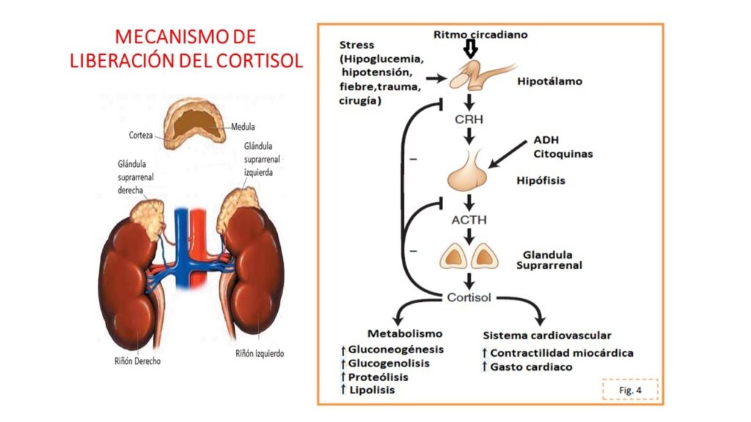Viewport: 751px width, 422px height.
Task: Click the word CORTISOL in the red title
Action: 260,61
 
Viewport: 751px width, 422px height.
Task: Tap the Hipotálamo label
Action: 550,81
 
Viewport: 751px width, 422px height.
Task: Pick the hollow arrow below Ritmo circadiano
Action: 470,49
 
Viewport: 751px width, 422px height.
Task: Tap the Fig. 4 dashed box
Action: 630,390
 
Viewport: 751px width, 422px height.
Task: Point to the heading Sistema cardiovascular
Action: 547,335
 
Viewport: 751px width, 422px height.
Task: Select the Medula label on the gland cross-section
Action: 243,126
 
